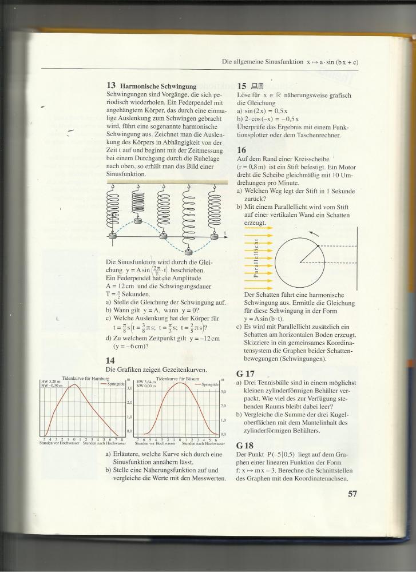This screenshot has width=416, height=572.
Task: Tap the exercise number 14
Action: click(x=111, y=360)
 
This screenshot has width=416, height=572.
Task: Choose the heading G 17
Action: click(x=247, y=371)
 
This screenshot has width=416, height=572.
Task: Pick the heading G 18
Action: click(x=247, y=444)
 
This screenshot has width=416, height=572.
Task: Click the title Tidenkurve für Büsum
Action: click(x=177, y=379)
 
